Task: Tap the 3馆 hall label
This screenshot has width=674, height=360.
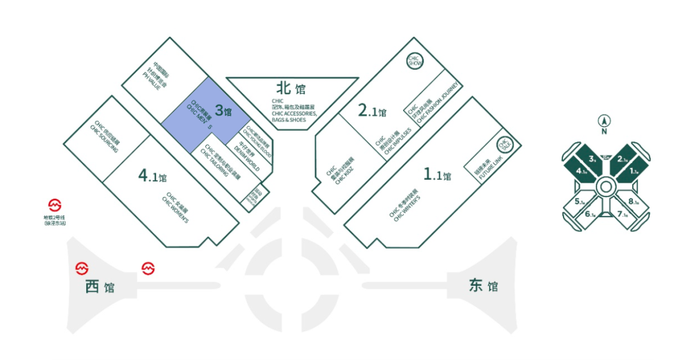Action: click(223, 112)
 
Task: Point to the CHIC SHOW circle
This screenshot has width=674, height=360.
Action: click(416, 61)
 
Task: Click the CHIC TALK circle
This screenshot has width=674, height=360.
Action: click(504, 145)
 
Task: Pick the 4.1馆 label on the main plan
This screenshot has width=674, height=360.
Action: click(152, 177)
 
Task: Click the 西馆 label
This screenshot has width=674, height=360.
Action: click(100, 287)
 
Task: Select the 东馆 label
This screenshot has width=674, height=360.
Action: click(484, 286)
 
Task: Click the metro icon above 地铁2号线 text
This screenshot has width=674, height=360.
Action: click(56, 205)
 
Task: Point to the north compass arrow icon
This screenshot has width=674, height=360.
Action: click(603, 121)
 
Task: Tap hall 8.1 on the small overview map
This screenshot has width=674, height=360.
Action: click(633, 202)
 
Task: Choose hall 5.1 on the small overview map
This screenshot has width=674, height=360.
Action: click(579, 202)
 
